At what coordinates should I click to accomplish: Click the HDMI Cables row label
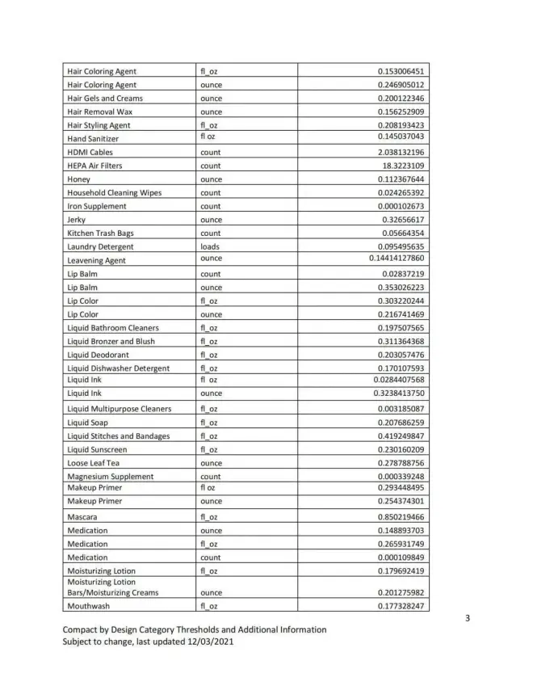click(90, 152)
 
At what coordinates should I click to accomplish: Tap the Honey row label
click(79, 179)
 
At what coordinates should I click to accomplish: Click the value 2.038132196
click(401, 152)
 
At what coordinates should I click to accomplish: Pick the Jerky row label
click(77, 220)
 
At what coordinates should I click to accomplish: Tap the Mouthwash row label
click(88, 606)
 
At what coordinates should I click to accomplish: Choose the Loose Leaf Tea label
click(94, 463)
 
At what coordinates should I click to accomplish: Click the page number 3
click(467, 619)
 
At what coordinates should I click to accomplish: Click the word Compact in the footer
click(82, 629)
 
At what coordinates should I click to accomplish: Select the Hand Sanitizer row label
click(93, 139)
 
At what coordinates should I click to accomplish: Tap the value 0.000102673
click(401, 206)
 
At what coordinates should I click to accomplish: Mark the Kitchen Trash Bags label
click(100, 234)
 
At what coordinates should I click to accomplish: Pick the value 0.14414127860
click(397, 259)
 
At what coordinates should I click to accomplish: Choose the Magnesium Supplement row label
click(110, 477)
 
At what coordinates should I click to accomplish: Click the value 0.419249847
click(401, 436)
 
